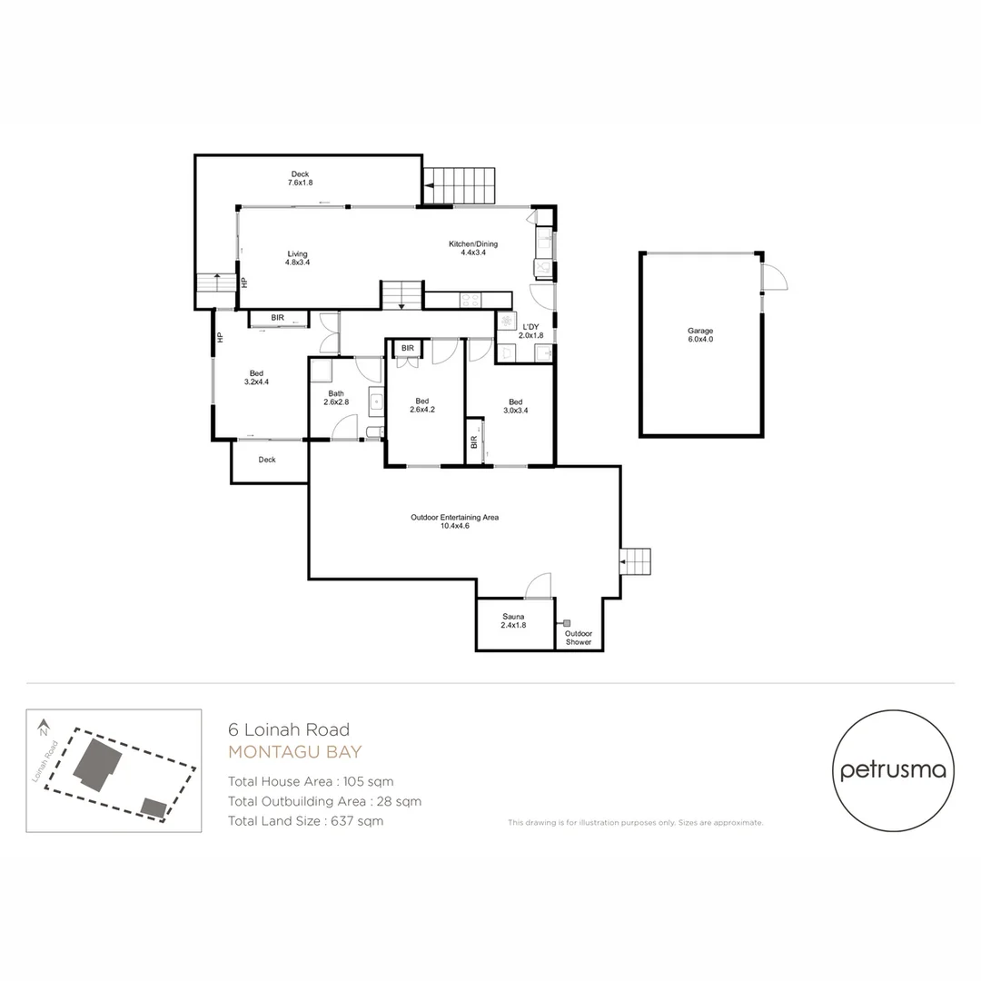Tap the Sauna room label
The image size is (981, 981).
pos(514,620)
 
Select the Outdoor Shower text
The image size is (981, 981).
pos(579,638)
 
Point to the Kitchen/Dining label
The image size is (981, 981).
pos(473,248)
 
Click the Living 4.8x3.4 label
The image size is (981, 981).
pos(298,258)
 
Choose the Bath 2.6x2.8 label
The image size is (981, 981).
pos(336,398)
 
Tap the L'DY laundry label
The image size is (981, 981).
pos(530,331)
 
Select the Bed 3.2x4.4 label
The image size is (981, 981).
pos(256,377)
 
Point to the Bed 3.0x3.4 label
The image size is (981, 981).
pos(516,406)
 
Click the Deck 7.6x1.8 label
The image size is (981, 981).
pos(300,178)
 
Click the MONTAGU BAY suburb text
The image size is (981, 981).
pos(294,752)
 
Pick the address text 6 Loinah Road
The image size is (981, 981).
pos(288,729)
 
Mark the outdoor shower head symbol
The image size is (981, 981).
pos(567,623)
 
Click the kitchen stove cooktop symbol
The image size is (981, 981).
pos(471,299)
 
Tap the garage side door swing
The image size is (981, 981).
pos(774,278)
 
